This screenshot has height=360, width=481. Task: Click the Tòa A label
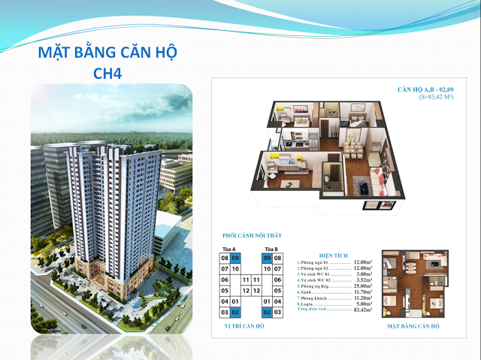pos(229,249)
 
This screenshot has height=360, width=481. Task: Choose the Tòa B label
pos(271,249)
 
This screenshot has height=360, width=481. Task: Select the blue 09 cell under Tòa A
pos(235,258)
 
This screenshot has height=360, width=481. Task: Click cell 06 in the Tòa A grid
pos(224,280)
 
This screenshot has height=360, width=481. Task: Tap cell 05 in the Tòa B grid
pos(277,290)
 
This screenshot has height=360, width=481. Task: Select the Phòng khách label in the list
pos(316,298)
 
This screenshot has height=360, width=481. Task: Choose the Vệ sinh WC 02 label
pos(319,280)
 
